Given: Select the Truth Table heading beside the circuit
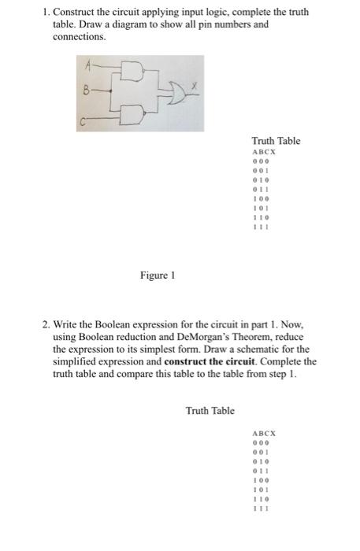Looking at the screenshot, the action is tap(275, 141).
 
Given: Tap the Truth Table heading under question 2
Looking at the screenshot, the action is tap(210, 411).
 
